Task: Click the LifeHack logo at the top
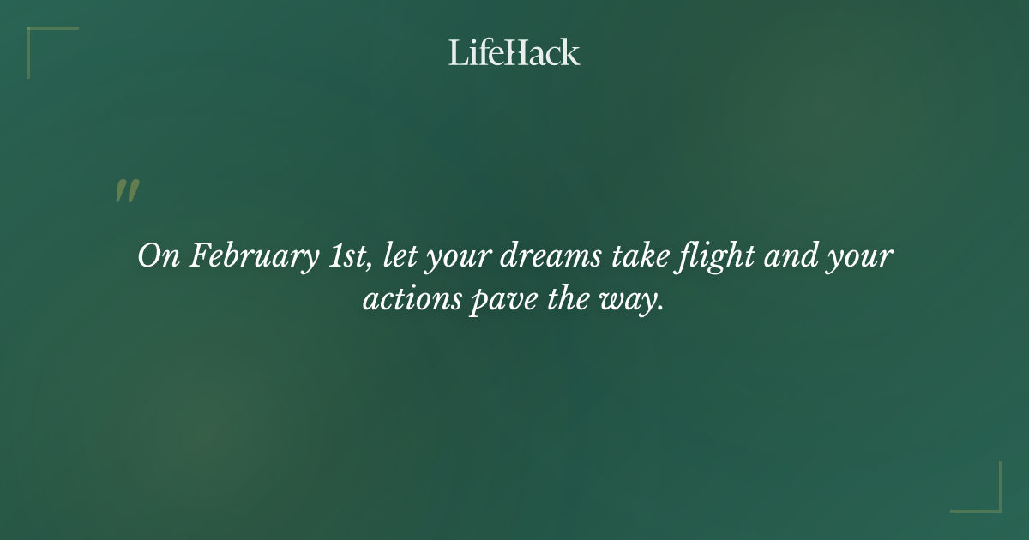514,52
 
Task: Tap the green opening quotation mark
127,191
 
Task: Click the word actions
411,302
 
